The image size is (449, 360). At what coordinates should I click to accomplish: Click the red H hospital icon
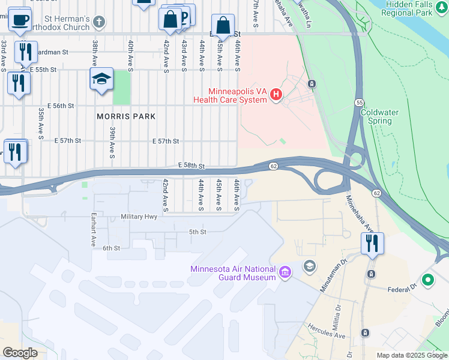point(276,94)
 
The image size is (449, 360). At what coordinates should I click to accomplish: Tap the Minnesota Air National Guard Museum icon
point(285,273)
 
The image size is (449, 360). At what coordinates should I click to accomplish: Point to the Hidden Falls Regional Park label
point(415,8)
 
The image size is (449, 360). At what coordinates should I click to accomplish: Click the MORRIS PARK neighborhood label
point(126,116)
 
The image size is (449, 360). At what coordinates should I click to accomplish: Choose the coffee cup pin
point(20,19)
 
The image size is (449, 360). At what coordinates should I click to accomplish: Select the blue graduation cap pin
point(101,79)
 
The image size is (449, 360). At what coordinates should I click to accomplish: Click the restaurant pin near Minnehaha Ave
point(372,243)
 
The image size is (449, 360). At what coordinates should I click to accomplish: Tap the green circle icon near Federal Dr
point(427,280)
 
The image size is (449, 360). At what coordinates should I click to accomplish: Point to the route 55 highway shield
point(359,103)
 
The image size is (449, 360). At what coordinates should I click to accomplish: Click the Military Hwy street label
point(139,217)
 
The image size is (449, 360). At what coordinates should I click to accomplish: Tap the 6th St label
point(112,248)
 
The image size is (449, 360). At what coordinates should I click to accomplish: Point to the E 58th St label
point(191,165)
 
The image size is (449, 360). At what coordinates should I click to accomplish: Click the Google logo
point(20,353)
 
